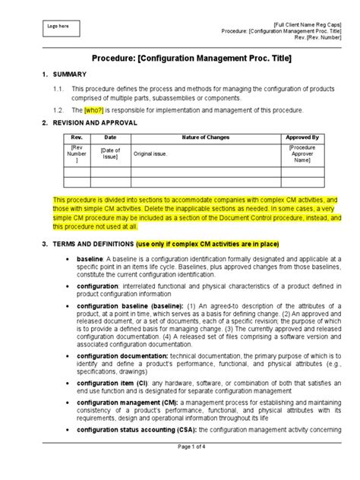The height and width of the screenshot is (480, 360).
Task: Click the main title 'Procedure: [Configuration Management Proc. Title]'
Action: [x=180, y=58]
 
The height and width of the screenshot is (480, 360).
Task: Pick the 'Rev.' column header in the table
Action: [x=77, y=137]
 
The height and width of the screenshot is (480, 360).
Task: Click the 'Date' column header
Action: [x=111, y=137]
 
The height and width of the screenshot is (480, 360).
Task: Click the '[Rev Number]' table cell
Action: [x=77, y=153]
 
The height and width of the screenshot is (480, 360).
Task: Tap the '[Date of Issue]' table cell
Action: [x=111, y=153]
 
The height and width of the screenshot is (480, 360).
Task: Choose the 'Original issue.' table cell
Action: [x=150, y=153]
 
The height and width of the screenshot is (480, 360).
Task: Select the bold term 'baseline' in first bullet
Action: [x=88, y=258]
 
